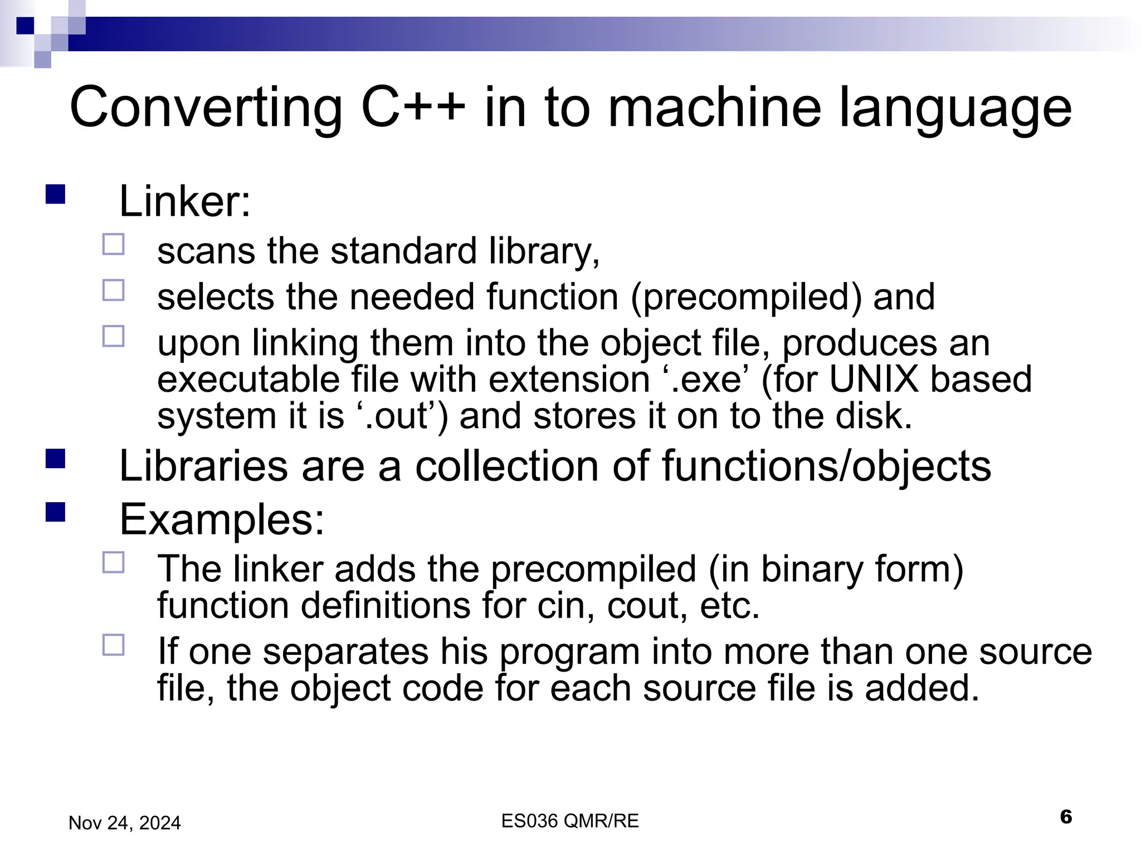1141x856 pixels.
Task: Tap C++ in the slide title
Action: click(x=413, y=107)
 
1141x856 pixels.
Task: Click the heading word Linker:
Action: click(x=185, y=201)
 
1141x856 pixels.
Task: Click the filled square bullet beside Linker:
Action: click(x=56, y=194)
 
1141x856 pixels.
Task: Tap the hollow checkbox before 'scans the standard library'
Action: click(x=114, y=245)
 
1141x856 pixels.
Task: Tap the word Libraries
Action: click(x=203, y=466)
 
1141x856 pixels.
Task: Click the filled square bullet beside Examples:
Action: click(x=56, y=512)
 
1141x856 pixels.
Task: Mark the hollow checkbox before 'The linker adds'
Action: click(x=114, y=563)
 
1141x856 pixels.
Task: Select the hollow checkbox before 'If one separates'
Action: click(x=114, y=645)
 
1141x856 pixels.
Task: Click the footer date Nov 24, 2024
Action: click(x=125, y=823)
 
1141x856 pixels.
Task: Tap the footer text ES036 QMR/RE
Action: click(x=569, y=821)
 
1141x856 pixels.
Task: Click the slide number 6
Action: click(x=1066, y=817)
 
